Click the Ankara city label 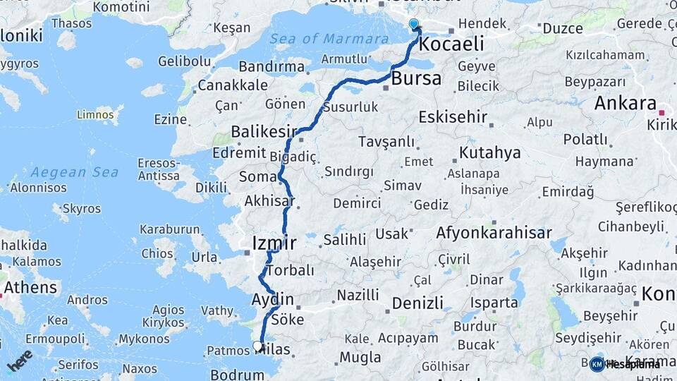pos(626,104)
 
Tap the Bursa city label pos(416,78)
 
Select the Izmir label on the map pos(274,244)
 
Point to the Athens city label pos(30,288)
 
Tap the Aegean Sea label pos(74,172)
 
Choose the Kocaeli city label pos(451,44)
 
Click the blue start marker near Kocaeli pos(414,25)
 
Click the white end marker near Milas pos(258,346)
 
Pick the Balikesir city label pos(264,133)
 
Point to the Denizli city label pos(417,303)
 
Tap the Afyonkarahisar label pos(494,233)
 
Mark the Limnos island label pos(94,114)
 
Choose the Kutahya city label pos(489,152)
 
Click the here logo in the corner pos(19,361)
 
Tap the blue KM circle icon pos(597,364)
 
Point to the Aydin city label pos(272,300)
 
